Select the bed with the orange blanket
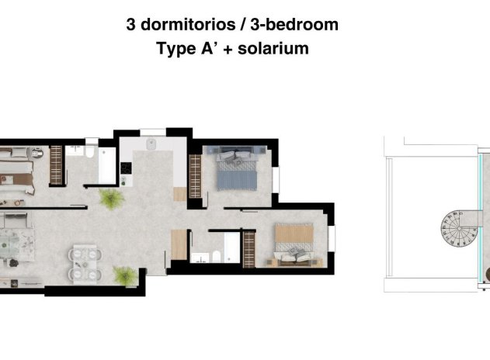pyautogui.click(x=294, y=244)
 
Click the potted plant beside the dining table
pyautogui.click(x=124, y=274)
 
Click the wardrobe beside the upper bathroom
pyautogui.click(x=56, y=164)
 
